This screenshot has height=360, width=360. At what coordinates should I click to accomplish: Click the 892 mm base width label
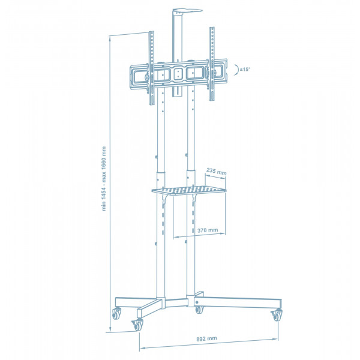[x=206, y=338]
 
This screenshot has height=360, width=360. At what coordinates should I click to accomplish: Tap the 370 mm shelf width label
[x=208, y=230]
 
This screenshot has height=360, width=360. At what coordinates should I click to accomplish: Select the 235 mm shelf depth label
[x=216, y=171]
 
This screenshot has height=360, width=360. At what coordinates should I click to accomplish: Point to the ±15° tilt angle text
[x=245, y=69]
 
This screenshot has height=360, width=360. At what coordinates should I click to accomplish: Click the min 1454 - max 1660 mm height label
[x=104, y=178]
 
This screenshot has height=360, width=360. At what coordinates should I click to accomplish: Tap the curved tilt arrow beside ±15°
[x=236, y=70]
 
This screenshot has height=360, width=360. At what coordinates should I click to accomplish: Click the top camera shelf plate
[x=187, y=11]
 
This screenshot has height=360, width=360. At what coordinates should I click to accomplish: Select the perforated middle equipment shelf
[x=189, y=190]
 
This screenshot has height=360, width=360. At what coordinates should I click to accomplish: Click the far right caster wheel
[x=277, y=315]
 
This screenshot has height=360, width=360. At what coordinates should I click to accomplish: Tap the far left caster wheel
[x=116, y=314]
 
